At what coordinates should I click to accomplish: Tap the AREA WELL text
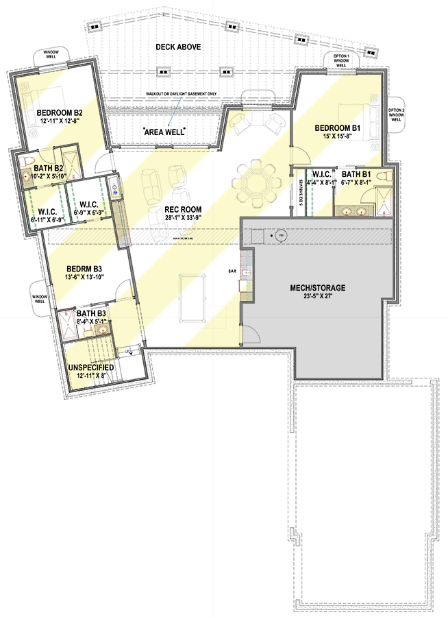(x=164, y=131)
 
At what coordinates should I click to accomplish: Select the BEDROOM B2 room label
(x=60, y=112)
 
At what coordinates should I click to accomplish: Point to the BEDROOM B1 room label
(x=337, y=128)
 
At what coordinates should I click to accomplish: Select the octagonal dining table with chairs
(x=255, y=182)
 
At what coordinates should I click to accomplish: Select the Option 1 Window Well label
(x=341, y=59)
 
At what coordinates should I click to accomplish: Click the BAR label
(x=232, y=271)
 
